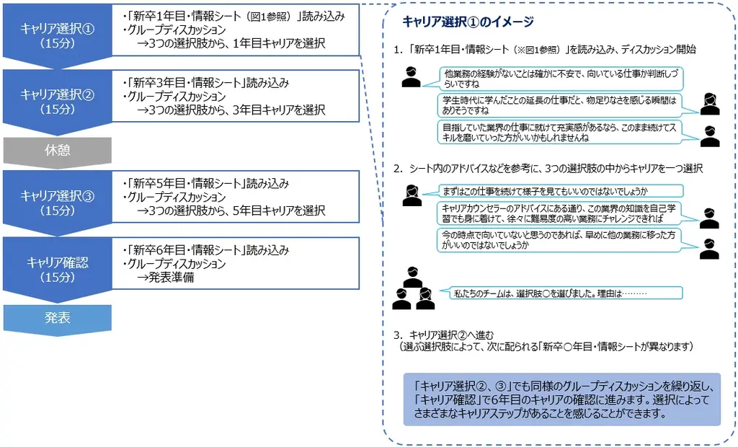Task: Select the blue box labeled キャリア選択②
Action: pyautogui.click(x=57, y=102)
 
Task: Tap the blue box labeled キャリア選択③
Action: pyautogui.click(x=57, y=203)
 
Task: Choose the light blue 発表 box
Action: pyautogui.click(x=57, y=317)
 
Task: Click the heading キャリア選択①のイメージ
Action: pyautogui.click(x=469, y=23)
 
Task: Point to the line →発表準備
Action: pyautogui.click(x=166, y=278)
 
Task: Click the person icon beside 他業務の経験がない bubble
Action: pyautogui.click(x=411, y=76)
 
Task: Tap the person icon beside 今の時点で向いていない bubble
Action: pyautogui.click(x=709, y=248)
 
